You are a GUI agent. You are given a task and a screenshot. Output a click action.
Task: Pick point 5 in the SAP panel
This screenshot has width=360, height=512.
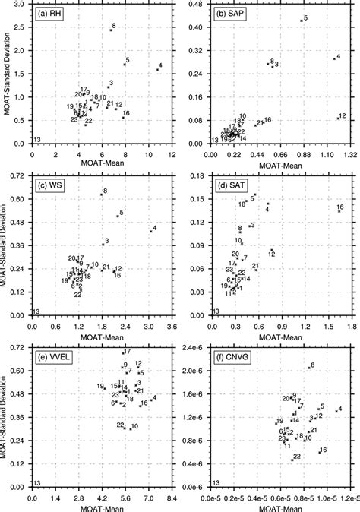click(302, 20)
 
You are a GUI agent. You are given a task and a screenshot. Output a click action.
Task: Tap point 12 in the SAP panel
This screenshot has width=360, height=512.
click(337, 117)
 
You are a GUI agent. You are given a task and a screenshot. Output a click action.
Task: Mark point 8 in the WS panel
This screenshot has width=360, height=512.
click(101, 194)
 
